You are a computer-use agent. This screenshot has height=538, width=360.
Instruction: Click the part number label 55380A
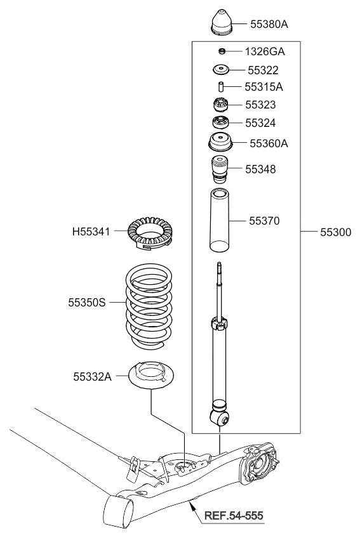pos(269,24)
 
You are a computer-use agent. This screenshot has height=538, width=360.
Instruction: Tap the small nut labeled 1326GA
pos(222,51)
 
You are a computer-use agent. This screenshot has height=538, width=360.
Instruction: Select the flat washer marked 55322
pos(220,70)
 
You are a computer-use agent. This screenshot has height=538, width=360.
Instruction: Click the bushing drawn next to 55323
pos(221,105)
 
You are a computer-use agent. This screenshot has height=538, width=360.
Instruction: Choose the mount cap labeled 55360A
pos(220,142)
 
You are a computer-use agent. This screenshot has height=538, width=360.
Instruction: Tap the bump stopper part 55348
pos(220,169)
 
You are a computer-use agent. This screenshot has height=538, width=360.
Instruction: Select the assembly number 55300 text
pos(336,232)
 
